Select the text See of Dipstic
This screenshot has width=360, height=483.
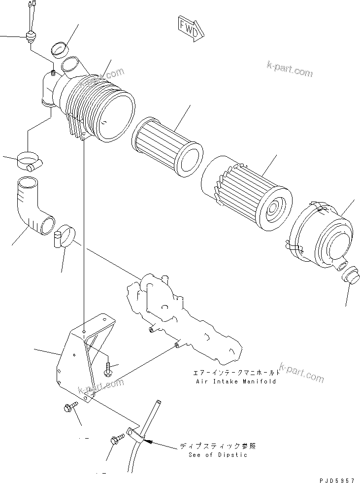218,454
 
